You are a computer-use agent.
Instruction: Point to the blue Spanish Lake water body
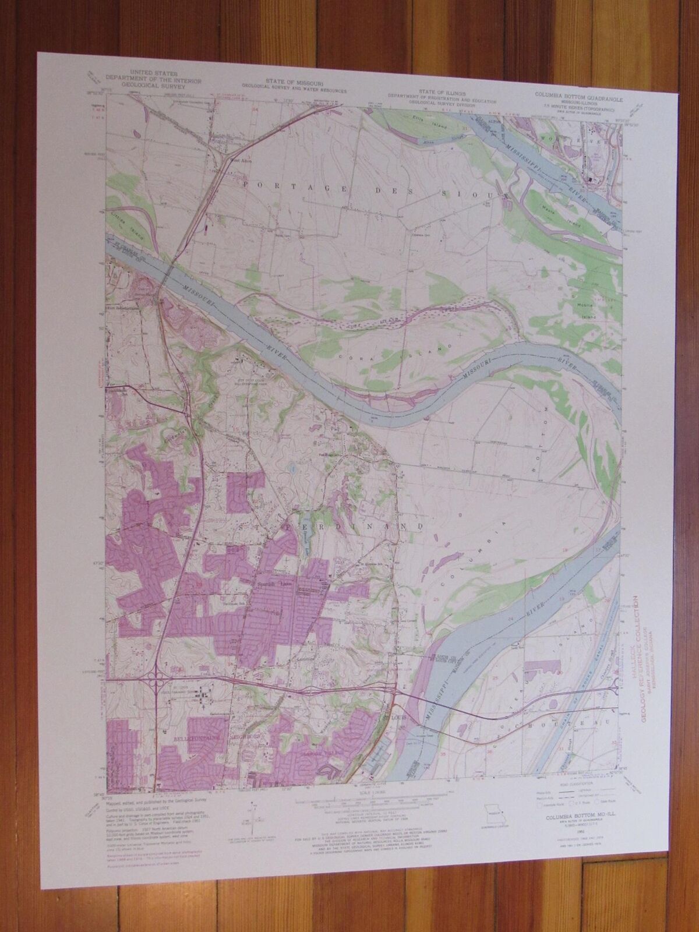pos(305,530)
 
